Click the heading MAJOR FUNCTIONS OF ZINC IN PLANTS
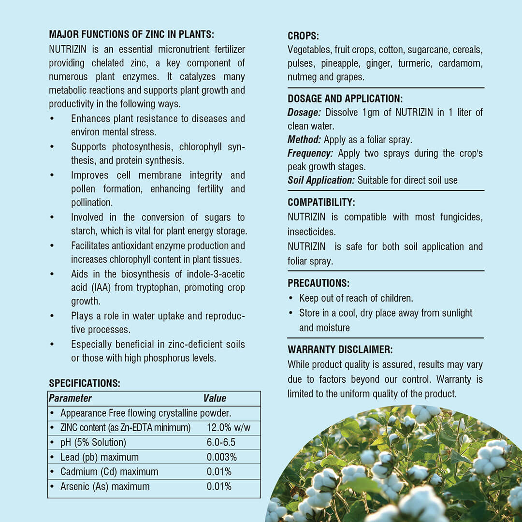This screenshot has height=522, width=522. point(131,35)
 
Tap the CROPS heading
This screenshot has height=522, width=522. point(303,36)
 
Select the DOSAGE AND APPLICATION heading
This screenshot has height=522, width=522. point(345,99)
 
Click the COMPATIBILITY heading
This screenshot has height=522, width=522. point(321,203)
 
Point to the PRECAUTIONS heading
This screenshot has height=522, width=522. point(319,283)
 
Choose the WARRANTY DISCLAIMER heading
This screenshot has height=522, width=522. point(340,349)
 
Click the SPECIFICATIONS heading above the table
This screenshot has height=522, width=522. point(84,383)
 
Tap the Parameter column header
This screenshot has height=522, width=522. point(70,398)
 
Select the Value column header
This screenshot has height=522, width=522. point(215,398)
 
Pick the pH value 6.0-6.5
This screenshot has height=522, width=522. point(221,442)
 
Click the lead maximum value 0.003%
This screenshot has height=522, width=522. point(221,457)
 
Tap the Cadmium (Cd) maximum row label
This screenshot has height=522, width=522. point(109,472)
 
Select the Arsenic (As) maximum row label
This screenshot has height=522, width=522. point(105,486)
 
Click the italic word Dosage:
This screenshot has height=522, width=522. point(304,113)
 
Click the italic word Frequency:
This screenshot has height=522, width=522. point(310,153)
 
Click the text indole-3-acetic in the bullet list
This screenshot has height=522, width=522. point(217,274)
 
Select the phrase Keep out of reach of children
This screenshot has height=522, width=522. point(356,298)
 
